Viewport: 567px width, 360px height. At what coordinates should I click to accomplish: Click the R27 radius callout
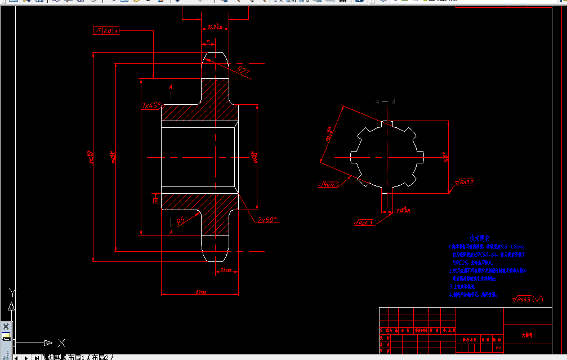coord(243,70)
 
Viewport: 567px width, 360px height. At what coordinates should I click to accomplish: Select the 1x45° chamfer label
coord(151,105)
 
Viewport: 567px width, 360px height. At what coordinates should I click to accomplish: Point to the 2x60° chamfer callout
coord(267,220)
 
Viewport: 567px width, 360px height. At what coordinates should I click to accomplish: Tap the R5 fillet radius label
coord(181,221)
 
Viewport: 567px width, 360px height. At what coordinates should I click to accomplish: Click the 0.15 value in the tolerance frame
coord(107,30)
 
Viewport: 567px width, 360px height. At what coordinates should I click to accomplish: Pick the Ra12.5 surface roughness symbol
coord(329,184)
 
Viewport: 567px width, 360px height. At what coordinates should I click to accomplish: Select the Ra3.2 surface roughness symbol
coord(465,182)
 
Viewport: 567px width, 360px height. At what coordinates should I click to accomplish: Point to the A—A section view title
coord(385,101)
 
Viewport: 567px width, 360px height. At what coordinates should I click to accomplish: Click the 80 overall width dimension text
coord(200,292)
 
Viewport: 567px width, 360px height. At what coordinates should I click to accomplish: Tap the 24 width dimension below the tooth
coord(226,270)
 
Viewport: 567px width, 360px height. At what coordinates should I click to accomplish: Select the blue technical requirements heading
coord(480,238)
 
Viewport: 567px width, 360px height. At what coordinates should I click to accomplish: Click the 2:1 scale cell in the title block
coord(498,348)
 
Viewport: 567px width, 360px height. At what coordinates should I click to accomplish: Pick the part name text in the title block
coord(526,335)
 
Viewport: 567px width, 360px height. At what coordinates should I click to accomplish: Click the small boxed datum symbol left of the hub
coord(156,199)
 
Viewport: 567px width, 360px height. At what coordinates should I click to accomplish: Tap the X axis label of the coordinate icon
coord(62,343)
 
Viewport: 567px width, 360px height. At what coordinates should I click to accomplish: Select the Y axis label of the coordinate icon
coord(12,291)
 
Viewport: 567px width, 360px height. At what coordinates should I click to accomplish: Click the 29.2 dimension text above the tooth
coord(215,26)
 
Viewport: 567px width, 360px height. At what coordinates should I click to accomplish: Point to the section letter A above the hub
coord(171,87)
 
